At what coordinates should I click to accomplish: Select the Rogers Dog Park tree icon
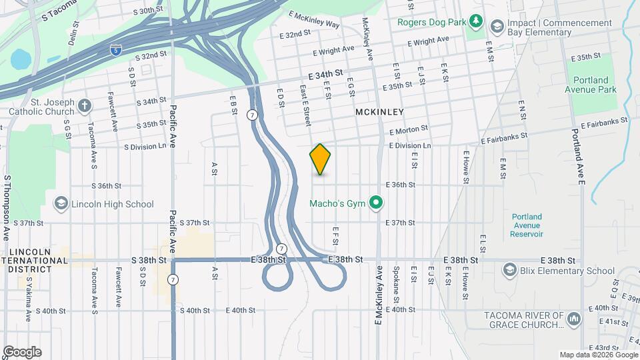[x=476, y=22]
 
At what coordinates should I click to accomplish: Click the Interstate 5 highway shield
[x=115, y=49]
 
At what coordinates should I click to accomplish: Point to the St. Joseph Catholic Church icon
[x=84, y=105]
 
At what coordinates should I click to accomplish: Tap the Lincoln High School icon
[x=61, y=204]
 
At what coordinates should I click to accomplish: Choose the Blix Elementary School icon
[x=511, y=270]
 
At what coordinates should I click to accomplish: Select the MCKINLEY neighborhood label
[x=380, y=112]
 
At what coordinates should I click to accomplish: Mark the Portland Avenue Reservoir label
[x=527, y=225]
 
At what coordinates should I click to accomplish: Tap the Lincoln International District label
[x=34, y=260]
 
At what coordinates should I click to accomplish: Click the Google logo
[x=22, y=352]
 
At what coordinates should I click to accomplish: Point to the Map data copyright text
[x=597, y=355]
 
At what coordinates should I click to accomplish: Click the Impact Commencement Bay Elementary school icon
[x=497, y=27]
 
